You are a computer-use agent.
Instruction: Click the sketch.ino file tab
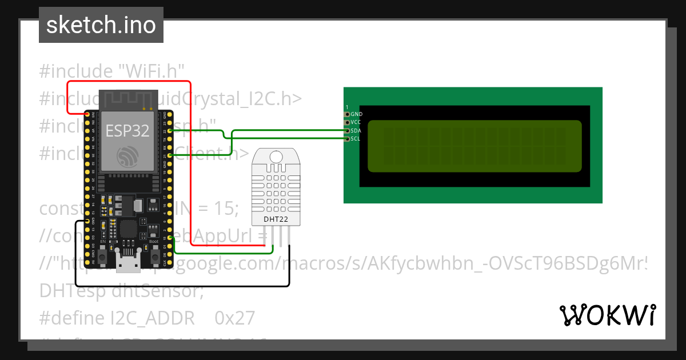(x=101, y=25)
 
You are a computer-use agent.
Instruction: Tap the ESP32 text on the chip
(x=127, y=131)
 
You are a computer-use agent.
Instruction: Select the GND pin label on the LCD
(x=356, y=114)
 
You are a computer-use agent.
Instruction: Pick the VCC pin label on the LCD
(x=356, y=122)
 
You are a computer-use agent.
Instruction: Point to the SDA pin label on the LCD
(x=356, y=131)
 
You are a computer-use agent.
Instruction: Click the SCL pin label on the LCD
(x=356, y=139)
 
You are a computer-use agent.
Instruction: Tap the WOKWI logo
(x=608, y=315)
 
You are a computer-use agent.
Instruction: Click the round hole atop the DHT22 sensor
(x=276, y=156)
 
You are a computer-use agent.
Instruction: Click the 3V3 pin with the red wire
(x=87, y=114)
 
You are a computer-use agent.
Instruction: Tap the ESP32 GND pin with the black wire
(x=87, y=221)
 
